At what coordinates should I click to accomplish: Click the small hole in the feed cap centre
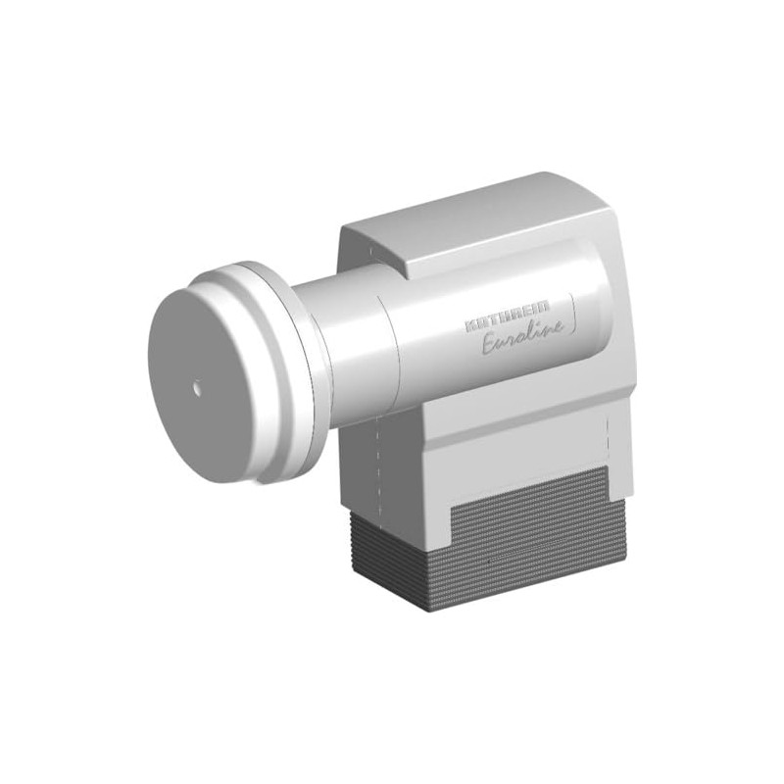(197, 386)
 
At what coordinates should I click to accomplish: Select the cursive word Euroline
(522, 344)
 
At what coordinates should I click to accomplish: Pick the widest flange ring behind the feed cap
(290, 372)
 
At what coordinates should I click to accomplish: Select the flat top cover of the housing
(470, 220)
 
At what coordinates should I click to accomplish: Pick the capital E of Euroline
(490, 345)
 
